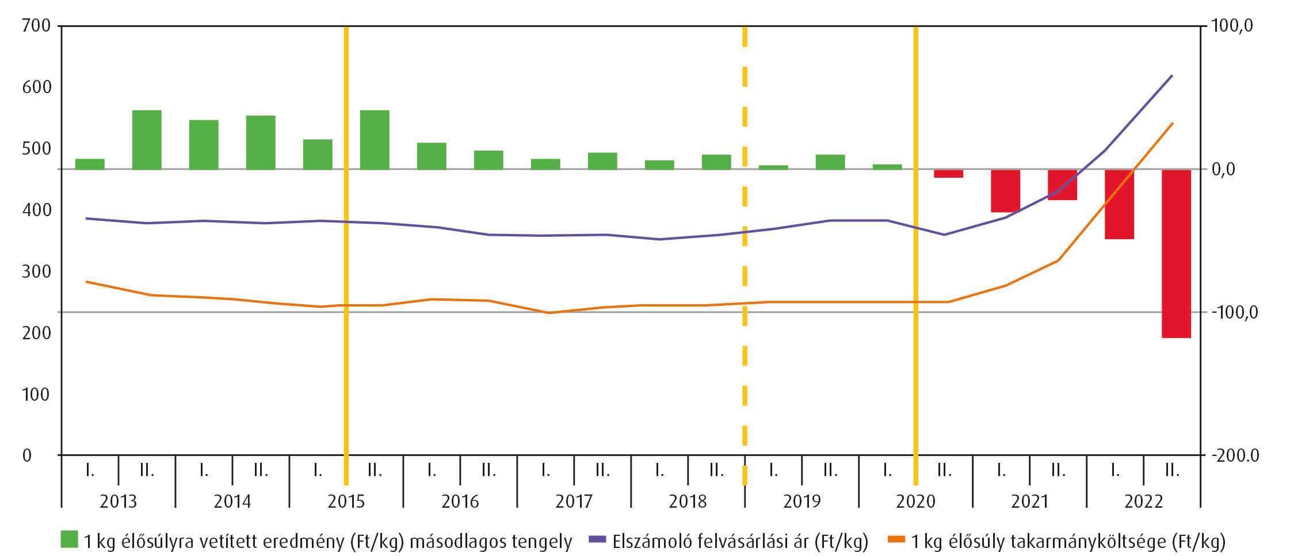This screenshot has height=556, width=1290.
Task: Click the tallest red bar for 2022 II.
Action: [x=1175, y=253]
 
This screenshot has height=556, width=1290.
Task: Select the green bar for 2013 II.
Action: [x=147, y=140]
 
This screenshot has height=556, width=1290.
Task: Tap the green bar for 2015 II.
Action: [x=375, y=140]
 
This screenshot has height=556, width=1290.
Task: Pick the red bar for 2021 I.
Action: [x=1005, y=191]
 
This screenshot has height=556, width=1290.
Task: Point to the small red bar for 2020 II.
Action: [x=948, y=174]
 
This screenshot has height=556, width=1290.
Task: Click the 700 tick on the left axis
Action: [x=36, y=26]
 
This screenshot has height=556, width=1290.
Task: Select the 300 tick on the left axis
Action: [x=36, y=271]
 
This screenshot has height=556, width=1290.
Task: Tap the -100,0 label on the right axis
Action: [x=1234, y=313]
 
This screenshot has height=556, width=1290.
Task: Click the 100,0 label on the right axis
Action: [x=1232, y=26]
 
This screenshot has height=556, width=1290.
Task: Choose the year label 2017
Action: [x=574, y=502]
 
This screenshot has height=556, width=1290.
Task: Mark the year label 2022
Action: [x=1143, y=502]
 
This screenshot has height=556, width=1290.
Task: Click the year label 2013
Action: [x=118, y=502]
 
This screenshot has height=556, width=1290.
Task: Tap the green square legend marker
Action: [x=69, y=539]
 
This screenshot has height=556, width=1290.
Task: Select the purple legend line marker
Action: [x=598, y=539]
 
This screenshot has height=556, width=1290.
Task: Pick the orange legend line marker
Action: [x=896, y=539]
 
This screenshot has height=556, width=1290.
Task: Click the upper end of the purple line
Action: [x=1172, y=76]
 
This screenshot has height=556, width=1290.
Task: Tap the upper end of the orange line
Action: [x=1173, y=123]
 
